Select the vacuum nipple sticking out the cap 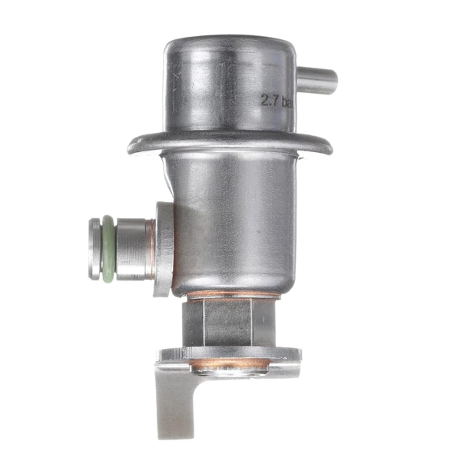pos(317,80)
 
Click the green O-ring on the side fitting pos(108,248)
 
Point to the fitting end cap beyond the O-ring pos(95,249)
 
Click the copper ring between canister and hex pos(230,295)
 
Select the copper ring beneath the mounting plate pos(230,363)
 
